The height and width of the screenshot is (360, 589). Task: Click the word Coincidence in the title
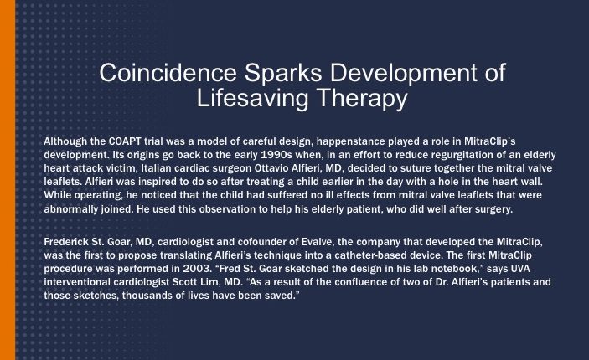click(168, 73)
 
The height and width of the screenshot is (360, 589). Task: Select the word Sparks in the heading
click(283, 73)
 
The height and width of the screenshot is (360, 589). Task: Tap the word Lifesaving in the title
click(252, 98)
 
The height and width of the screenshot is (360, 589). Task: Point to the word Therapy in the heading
click(363, 99)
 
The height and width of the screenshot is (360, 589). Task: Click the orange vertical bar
click(8, 180)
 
